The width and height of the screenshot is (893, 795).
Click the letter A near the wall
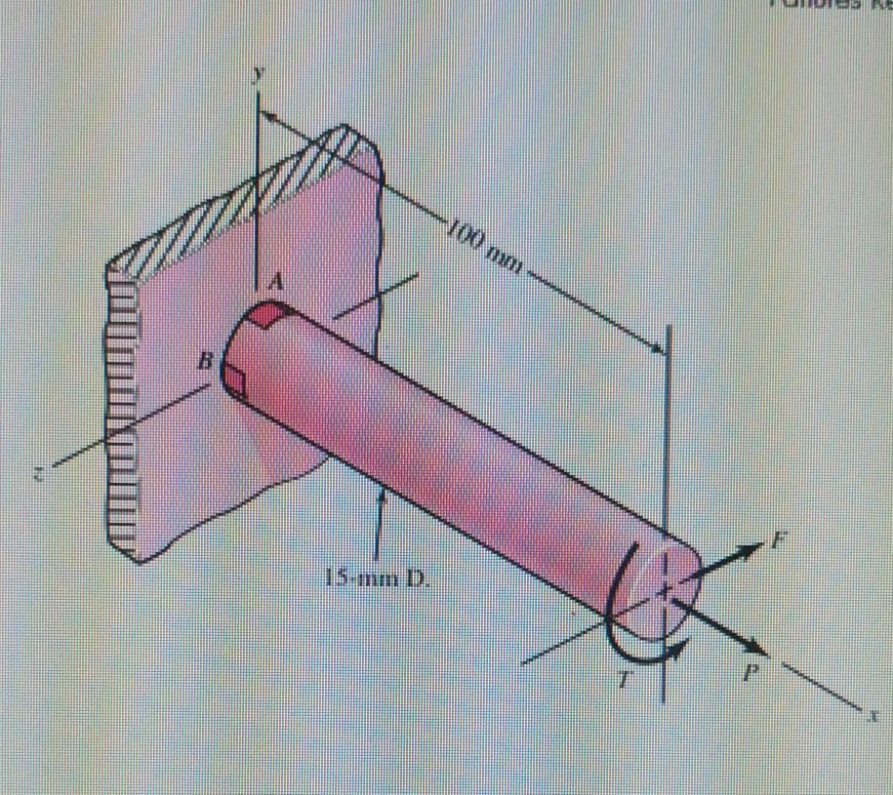275,283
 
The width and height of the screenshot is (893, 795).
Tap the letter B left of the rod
205,362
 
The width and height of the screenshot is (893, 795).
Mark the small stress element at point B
234,374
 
